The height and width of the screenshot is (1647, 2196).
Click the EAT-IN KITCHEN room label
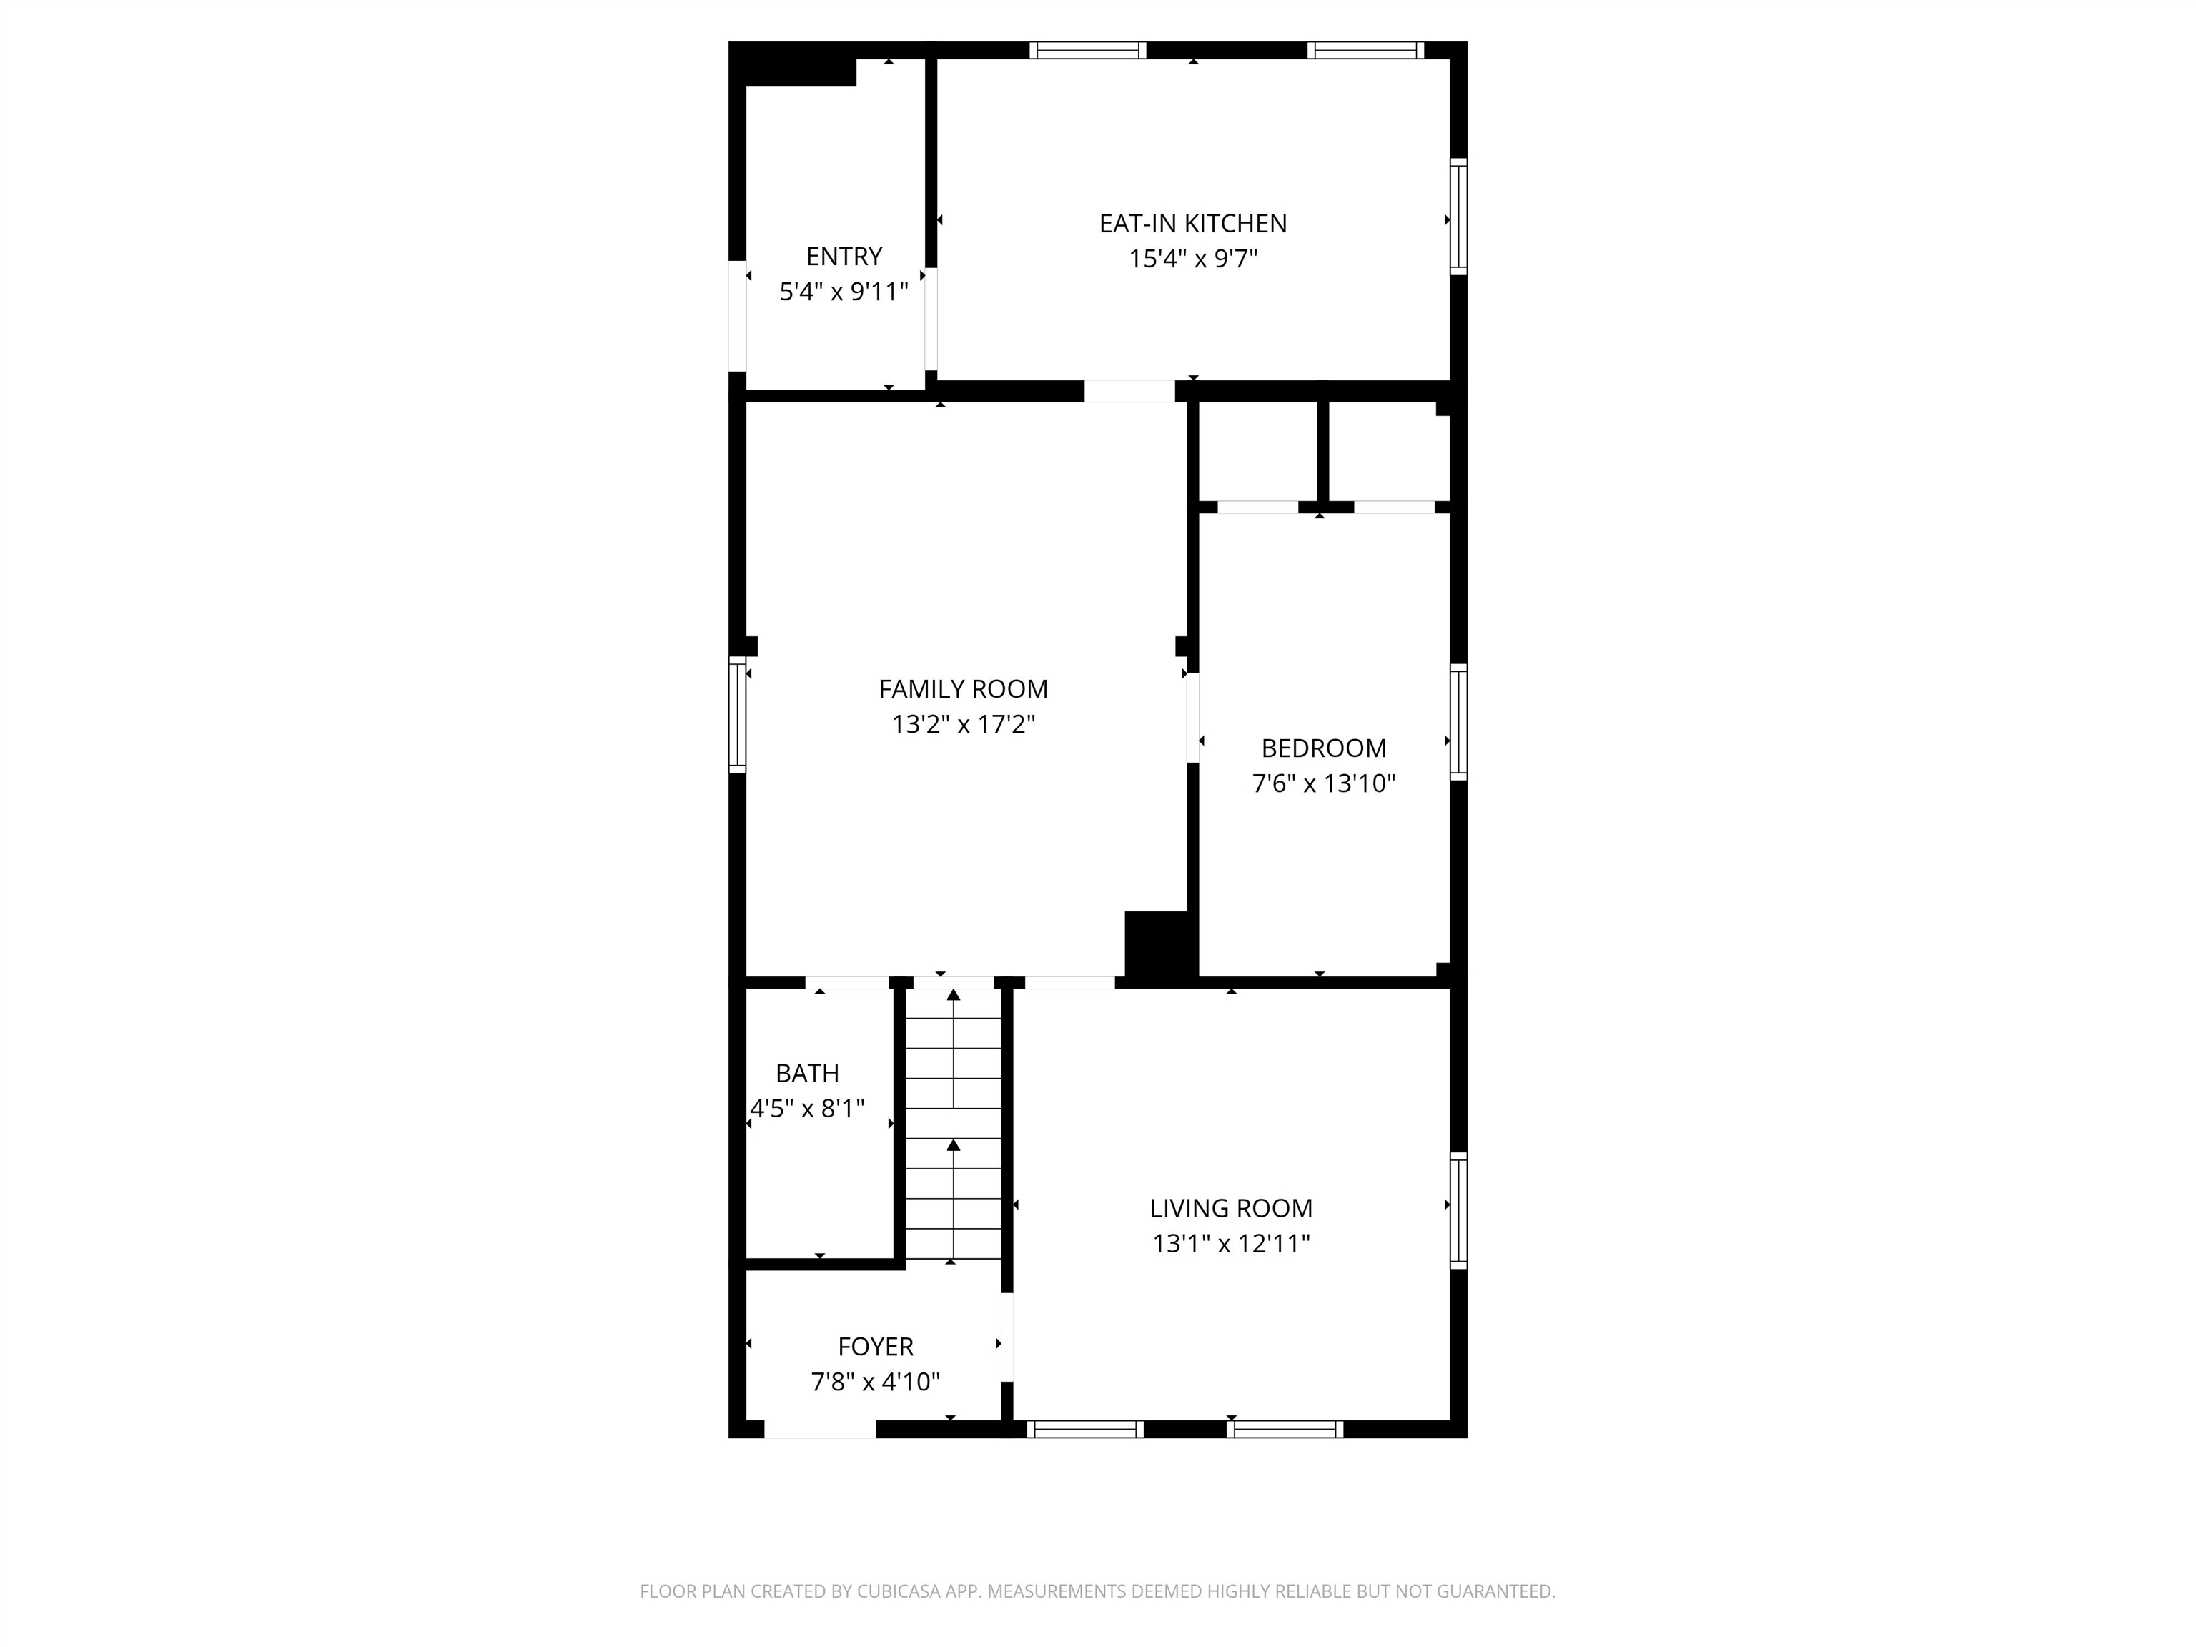point(1192,223)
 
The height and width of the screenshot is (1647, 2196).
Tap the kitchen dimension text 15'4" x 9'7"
point(1192,259)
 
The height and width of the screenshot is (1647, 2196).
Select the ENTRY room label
point(844,256)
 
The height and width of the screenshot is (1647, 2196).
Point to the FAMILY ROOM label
point(963,689)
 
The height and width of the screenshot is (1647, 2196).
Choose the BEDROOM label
point(1323,748)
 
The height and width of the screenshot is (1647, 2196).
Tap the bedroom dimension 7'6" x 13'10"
point(1323,784)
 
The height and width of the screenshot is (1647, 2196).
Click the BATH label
point(807,1073)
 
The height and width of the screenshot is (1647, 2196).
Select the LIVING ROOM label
point(1231,1208)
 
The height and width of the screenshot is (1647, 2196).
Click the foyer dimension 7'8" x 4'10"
point(875,1382)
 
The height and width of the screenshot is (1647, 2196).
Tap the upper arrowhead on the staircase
point(954,995)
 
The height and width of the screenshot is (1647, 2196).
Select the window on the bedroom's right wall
point(1458,722)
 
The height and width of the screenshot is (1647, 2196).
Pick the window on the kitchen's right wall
point(1458,217)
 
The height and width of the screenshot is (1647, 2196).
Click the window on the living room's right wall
point(1458,1210)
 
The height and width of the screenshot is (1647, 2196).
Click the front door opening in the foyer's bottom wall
point(820,1430)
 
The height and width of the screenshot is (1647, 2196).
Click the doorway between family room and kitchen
point(1129,391)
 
